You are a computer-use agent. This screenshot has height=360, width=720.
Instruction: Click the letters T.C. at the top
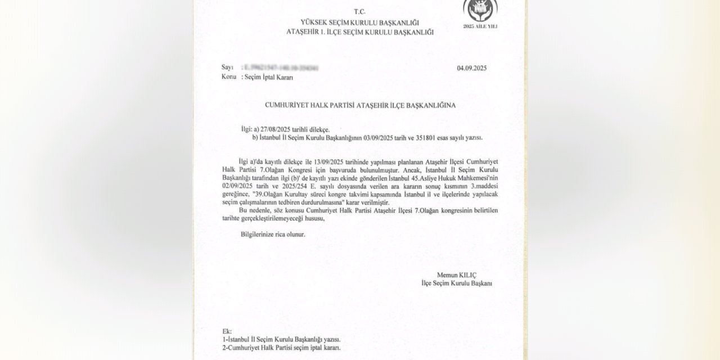[x=359, y=11]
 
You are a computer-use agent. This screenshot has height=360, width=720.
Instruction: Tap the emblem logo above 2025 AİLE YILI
[x=480, y=10]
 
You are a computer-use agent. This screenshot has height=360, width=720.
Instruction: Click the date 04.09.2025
[x=471, y=68]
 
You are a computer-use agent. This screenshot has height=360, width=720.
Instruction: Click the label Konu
[x=229, y=78]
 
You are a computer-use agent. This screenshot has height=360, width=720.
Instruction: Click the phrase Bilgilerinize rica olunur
[x=273, y=233]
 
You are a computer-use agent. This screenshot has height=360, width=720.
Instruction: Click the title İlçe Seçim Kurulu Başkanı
[x=457, y=283]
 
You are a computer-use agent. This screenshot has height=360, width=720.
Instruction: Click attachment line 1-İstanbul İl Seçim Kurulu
[x=281, y=340]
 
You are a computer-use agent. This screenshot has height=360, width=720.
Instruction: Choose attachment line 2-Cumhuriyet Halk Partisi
[x=281, y=348]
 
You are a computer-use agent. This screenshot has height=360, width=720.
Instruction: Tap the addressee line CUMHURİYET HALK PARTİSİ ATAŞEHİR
[x=359, y=105]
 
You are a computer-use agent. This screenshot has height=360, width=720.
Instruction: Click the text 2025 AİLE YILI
[x=480, y=26]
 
